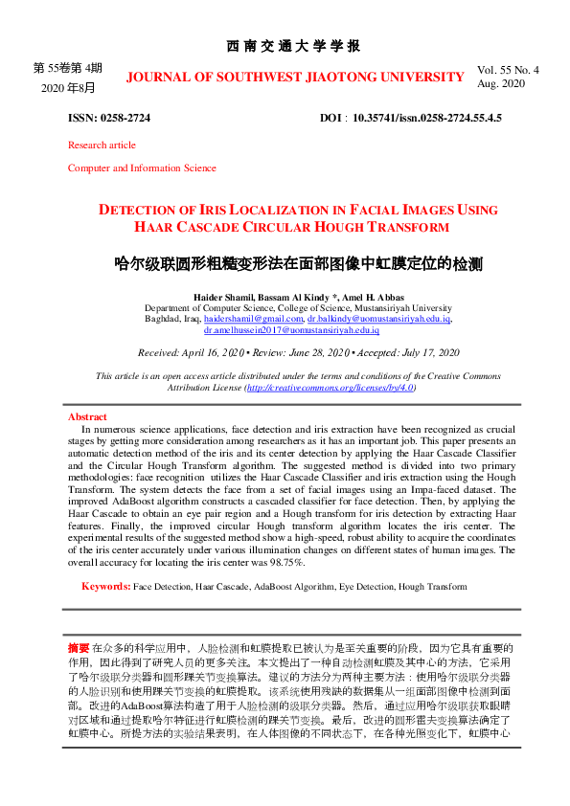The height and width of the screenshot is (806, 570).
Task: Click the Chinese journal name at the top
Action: tap(293, 46)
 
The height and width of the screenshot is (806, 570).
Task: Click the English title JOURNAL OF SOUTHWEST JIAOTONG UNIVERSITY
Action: tap(295, 77)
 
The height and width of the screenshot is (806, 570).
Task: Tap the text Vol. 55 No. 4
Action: tap(508, 70)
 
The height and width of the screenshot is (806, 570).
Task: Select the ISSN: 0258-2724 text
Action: tap(108, 118)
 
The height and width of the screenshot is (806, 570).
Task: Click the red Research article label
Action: tap(102, 146)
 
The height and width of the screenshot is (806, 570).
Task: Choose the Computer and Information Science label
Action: tap(142, 168)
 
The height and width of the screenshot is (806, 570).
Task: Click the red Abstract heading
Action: tap(87, 417)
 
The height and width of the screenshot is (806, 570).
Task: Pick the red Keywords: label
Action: tap(105, 585)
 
